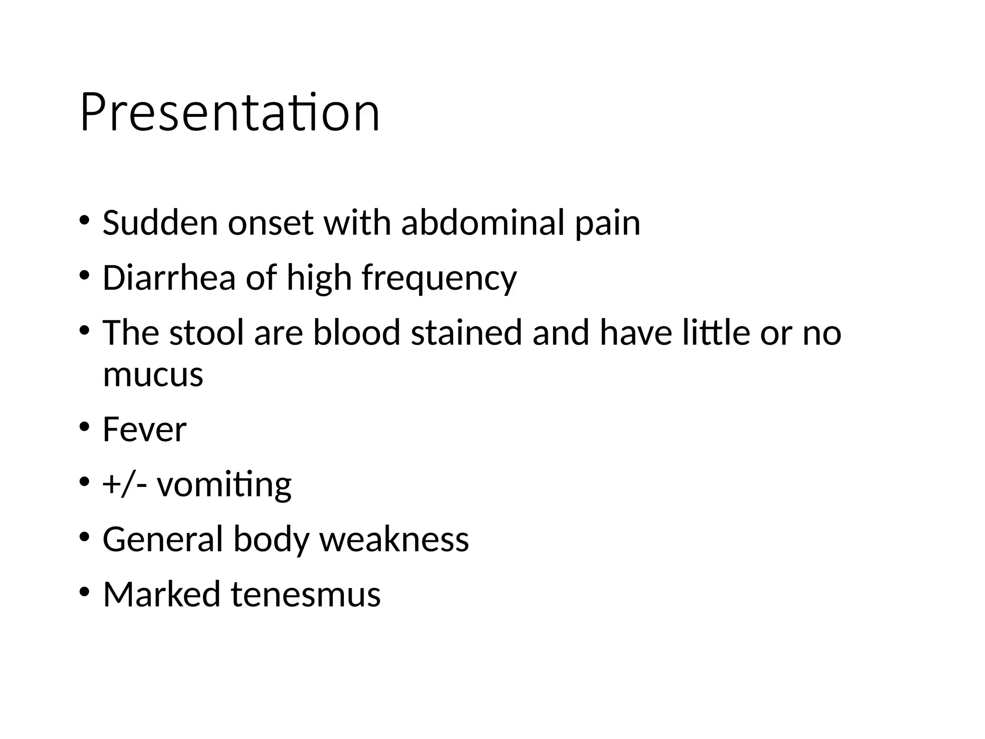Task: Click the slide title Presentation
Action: (x=230, y=114)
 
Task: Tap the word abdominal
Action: (x=482, y=223)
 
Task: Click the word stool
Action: (x=206, y=333)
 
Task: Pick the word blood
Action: (x=356, y=333)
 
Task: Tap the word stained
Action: (x=466, y=333)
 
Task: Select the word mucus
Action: (x=153, y=375)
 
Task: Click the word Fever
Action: (x=144, y=430)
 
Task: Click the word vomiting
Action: (x=224, y=485)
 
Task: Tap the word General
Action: (x=163, y=539)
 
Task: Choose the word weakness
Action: (x=394, y=539)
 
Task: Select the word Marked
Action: (x=162, y=594)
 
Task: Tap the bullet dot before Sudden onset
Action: (x=85, y=220)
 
